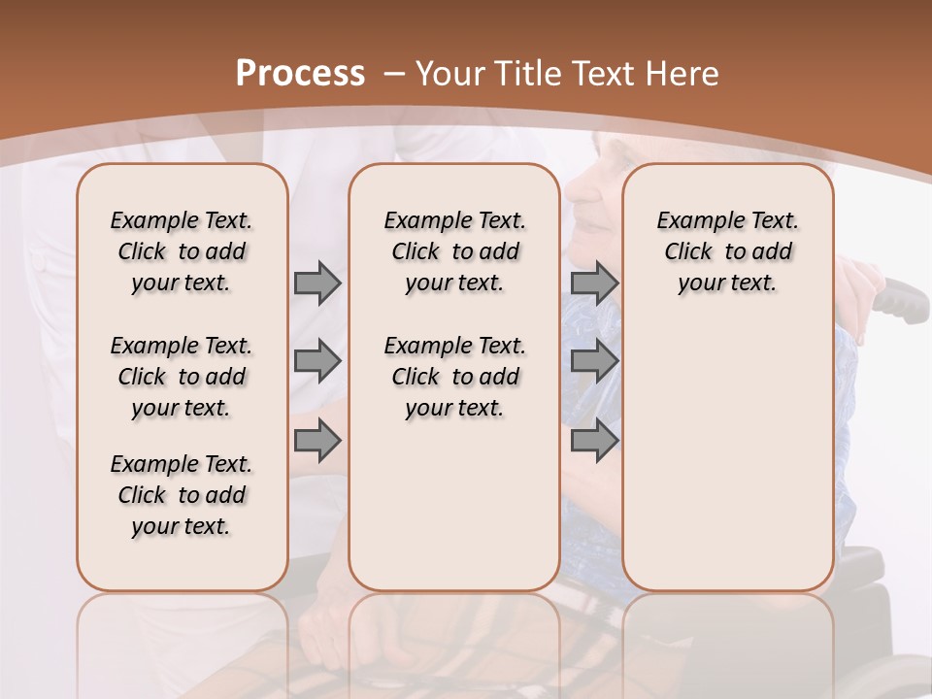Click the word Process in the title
coord(300,74)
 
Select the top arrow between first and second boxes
coord(317,283)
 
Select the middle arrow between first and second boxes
coord(317,361)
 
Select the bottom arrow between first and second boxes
coord(317,441)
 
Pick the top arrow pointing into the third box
coord(594,283)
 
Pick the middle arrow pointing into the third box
coord(594,361)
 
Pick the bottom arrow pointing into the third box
coord(594,441)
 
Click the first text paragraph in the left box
coord(182,251)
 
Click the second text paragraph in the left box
coord(182,377)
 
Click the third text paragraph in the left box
coord(182,495)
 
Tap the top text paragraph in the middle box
coord(455,251)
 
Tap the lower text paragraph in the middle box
coord(455,377)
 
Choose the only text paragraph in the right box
coord(728,251)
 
